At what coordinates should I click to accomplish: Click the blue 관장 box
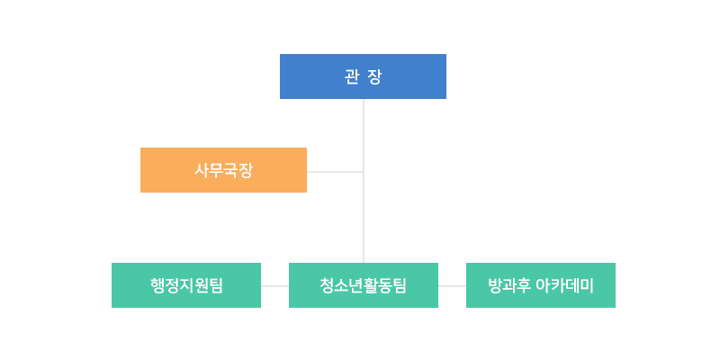point(363,76)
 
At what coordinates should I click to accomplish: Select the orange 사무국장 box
point(223,170)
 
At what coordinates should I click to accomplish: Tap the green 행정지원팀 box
point(186,285)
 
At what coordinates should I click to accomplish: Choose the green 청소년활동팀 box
point(364,285)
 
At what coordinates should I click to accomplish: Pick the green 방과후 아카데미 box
point(541,285)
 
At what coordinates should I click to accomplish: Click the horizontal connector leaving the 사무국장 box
point(335,172)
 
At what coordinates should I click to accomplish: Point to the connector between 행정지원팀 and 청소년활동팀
point(274,286)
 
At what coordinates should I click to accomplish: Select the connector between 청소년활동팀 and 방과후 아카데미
point(452,286)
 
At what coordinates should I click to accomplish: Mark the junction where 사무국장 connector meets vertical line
point(364,172)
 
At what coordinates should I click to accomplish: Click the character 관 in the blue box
point(351,76)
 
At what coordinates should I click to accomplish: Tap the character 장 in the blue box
point(374,76)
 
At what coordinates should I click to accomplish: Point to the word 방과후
point(509,285)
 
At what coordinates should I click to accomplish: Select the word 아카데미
point(565,285)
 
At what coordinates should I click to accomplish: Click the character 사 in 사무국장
point(202,171)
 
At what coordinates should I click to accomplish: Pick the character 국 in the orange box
point(231,171)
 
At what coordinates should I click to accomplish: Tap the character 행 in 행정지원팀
point(157,285)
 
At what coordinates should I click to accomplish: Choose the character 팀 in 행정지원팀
point(215,285)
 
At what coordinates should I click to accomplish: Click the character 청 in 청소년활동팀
point(328,285)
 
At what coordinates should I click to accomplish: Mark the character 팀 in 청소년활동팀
point(400,285)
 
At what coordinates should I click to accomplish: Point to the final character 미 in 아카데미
point(587,285)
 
